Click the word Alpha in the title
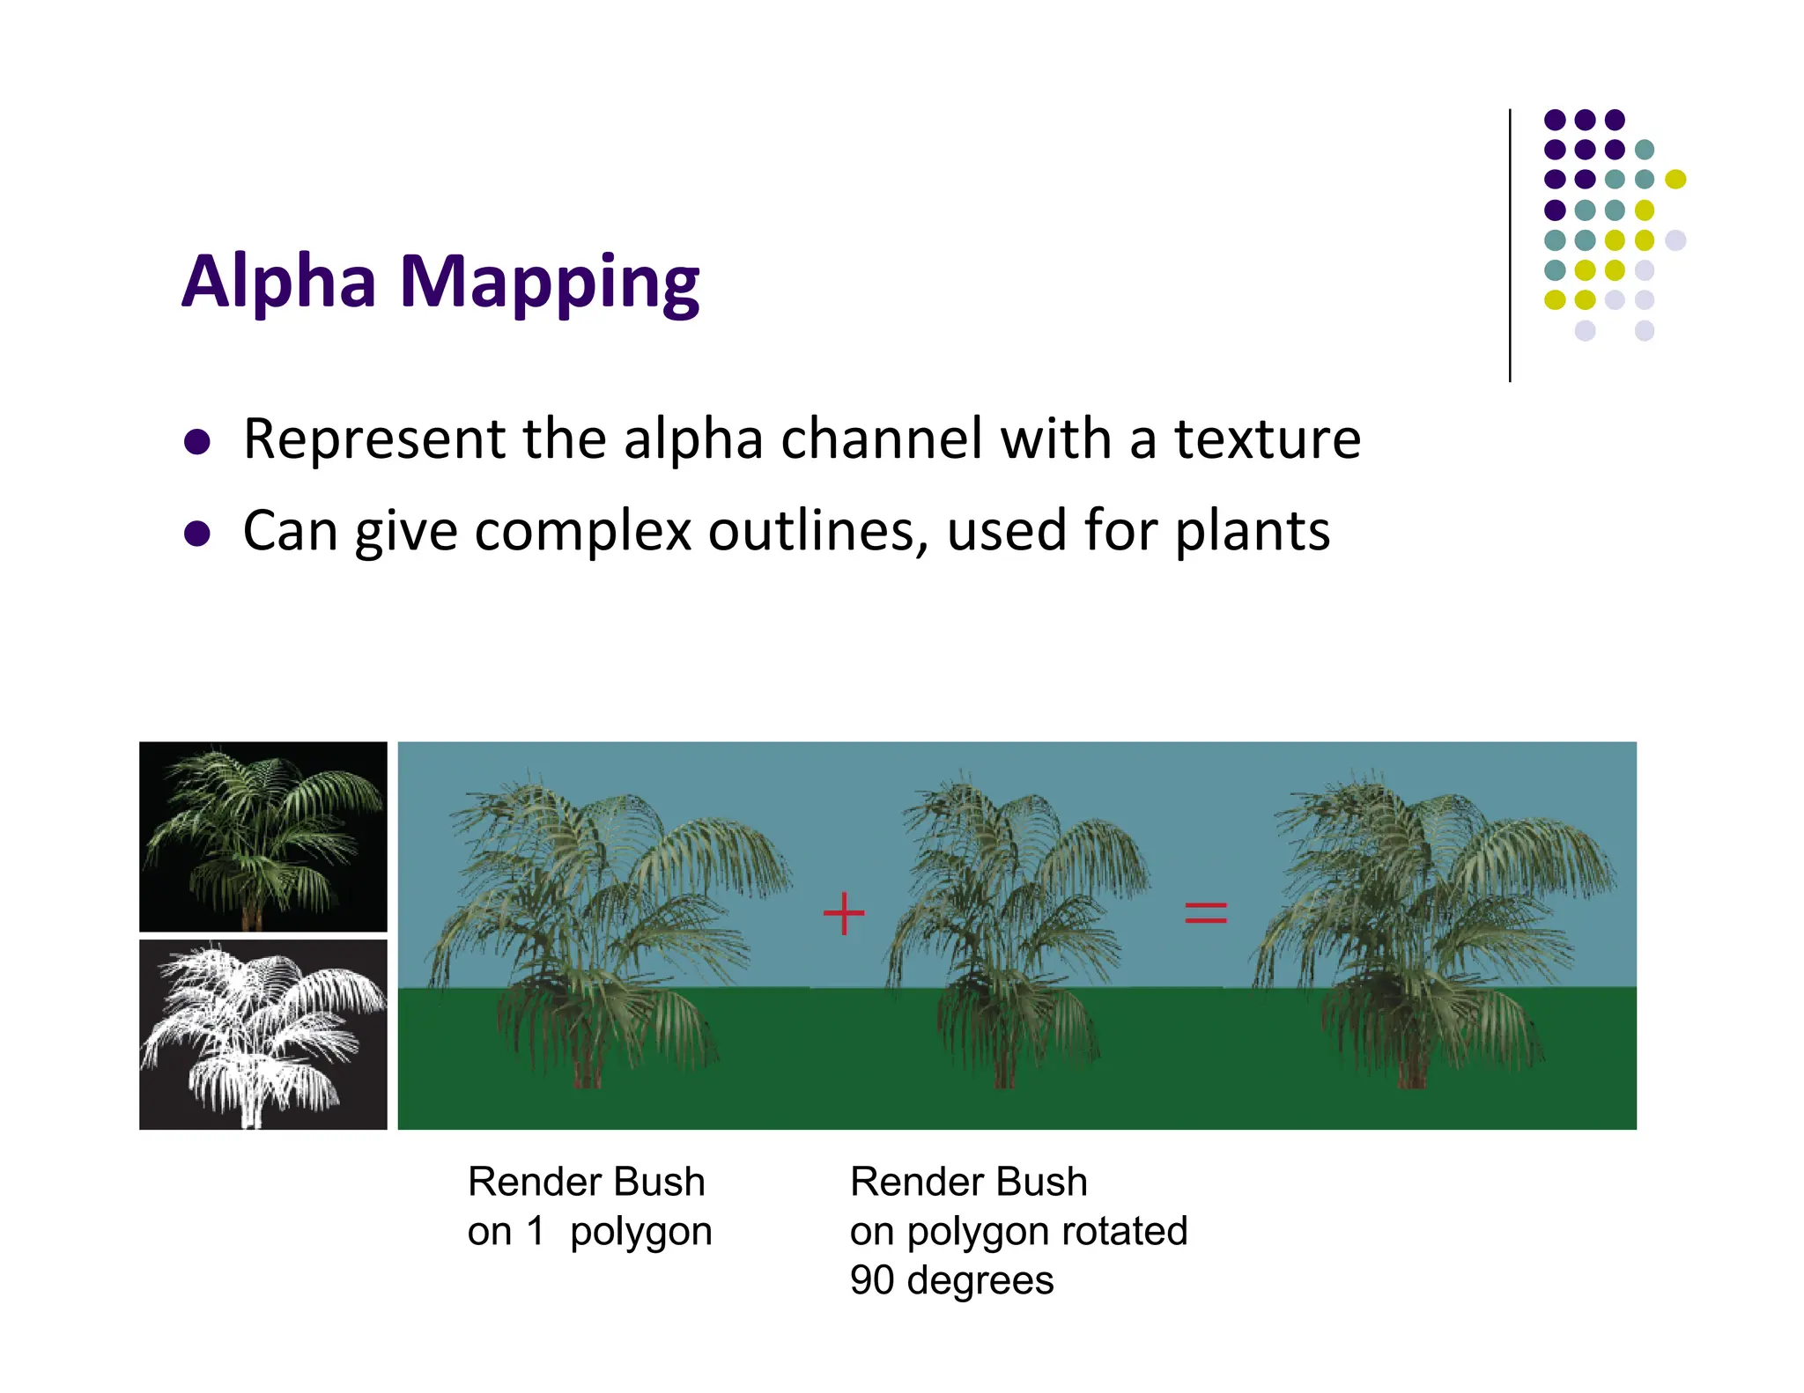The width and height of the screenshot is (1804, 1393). click(279, 282)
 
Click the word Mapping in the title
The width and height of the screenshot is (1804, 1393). click(549, 284)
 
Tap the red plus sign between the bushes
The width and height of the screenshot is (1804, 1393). click(844, 913)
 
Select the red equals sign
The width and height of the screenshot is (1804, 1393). click(1205, 913)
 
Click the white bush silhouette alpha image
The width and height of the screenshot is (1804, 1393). click(262, 1035)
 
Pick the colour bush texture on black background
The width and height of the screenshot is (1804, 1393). click(262, 837)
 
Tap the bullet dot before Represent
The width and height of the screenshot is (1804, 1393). click(197, 441)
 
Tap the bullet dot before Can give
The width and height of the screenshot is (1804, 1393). click(197, 534)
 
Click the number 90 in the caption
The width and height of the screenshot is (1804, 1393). click(872, 1280)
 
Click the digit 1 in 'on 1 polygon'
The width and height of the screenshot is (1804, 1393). click(535, 1231)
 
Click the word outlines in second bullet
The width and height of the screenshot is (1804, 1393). click(817, 531)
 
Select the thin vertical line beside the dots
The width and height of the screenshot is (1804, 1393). click(1510, 247)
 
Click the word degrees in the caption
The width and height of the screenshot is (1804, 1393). click(980, 1280)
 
